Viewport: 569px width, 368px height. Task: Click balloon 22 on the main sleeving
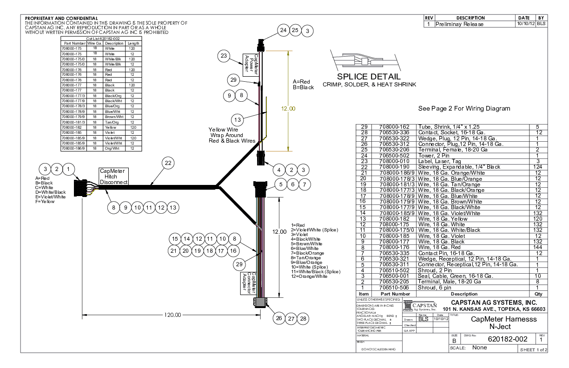click(168, 163)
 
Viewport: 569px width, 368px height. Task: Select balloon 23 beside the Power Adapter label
click(224, 56)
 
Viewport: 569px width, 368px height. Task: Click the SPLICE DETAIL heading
click(369, 77)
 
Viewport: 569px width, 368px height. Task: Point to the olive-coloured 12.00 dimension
click(288, 109)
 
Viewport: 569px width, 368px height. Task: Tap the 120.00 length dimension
click(172, 315)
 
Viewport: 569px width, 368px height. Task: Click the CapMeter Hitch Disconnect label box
click(113, 177)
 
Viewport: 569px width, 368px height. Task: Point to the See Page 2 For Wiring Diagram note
click(464, 109)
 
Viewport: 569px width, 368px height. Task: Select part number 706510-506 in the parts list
click(395, 288)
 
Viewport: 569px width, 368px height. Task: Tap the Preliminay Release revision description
click(459, 24)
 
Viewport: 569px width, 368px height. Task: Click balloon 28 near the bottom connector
click(303, 319)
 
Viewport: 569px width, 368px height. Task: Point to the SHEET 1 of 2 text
click(533, 349)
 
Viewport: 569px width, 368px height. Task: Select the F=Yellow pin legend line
click(45, 202)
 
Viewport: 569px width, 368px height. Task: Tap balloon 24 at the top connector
click(283, 30)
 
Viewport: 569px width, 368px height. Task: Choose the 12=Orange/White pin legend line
click(309, 276)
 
